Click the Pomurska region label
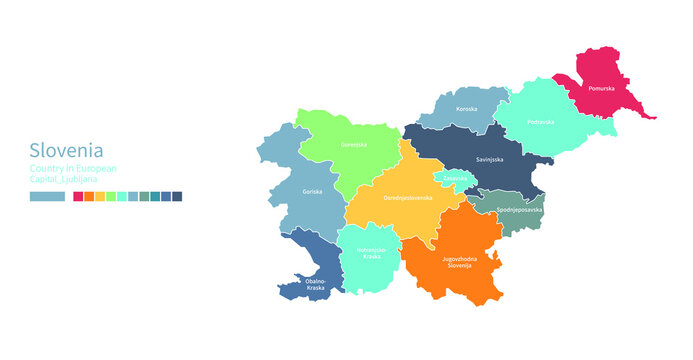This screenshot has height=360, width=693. coord(602,89)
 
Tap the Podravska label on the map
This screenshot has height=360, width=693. coord(541,121)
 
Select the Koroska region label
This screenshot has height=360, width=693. coord(466,108)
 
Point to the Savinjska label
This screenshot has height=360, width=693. coord(489,159)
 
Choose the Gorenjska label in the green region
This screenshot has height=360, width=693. coord(354,145)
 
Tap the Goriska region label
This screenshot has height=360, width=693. coord(312,189)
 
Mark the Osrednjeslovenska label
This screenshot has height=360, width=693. coord(408,198)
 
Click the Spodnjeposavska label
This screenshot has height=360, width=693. coord(519,211)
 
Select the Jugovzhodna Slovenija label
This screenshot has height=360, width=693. coord(460,262)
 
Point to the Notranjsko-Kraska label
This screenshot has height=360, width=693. coord(371,253)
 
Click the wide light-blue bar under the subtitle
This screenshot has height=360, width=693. coord(47,197)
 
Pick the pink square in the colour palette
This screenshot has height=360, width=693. coord(78,197)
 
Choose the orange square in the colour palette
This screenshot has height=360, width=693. coord(89,197)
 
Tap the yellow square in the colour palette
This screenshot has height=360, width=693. coord(100,197)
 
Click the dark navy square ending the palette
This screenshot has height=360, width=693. coord(177,197)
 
